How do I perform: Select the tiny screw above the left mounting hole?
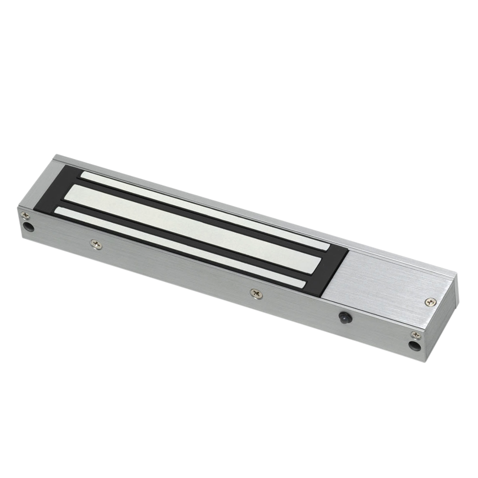[x=24, y=215]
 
